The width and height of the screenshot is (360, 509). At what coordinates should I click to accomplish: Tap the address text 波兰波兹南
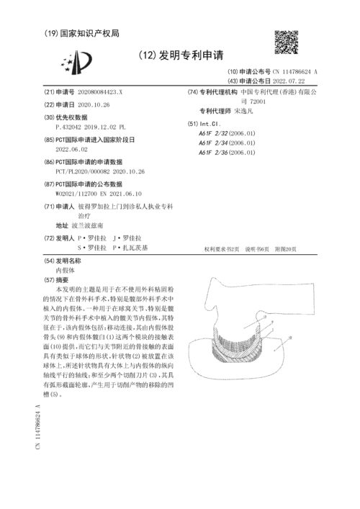[94, 225]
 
